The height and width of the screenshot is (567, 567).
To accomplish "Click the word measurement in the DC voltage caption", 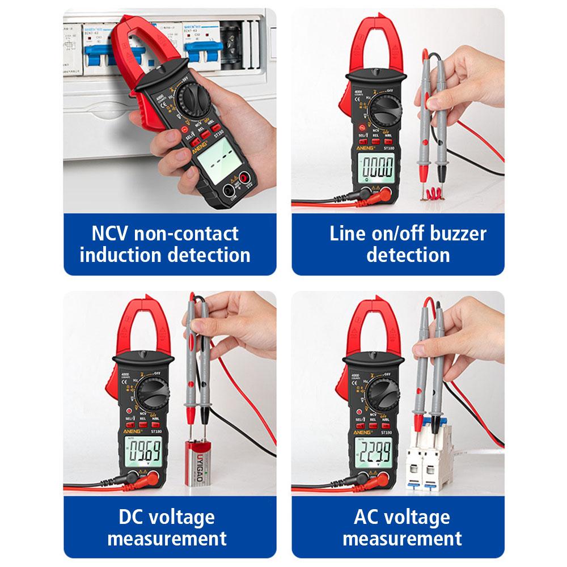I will pos(167,538).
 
